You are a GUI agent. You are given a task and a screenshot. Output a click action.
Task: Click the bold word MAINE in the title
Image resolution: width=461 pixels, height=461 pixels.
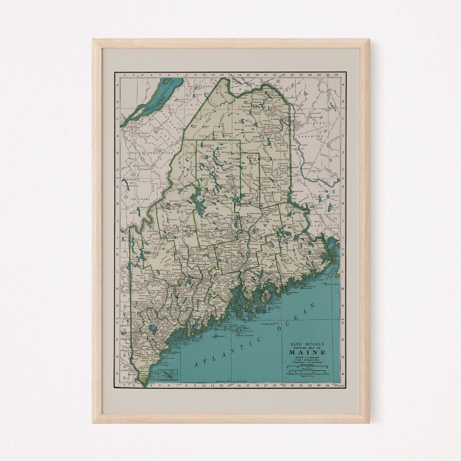click(x=307, y=353)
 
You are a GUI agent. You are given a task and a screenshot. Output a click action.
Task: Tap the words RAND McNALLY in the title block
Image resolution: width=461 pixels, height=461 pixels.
click(x=307, y=344)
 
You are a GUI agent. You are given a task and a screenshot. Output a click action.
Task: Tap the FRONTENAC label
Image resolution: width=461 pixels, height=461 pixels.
click(x=136, y=199)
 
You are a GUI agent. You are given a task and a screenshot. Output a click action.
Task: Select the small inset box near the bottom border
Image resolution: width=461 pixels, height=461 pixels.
click(x=168, y=374)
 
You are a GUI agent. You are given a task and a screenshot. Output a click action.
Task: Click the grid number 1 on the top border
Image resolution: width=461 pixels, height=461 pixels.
click(x=125, y=75)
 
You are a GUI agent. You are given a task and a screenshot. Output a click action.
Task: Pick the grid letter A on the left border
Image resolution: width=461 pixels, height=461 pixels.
click(x=117, y=85)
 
